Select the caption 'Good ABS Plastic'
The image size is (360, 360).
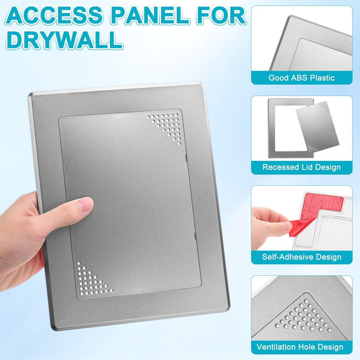[x=302, y=78]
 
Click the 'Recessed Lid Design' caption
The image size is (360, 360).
[x=302, y=167]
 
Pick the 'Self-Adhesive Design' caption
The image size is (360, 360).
[x=302, y=257]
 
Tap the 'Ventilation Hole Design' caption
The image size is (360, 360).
[x=300, y=347]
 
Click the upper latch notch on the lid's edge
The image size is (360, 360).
[x=185, y=157]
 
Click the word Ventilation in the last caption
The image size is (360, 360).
[x=277, y=347]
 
